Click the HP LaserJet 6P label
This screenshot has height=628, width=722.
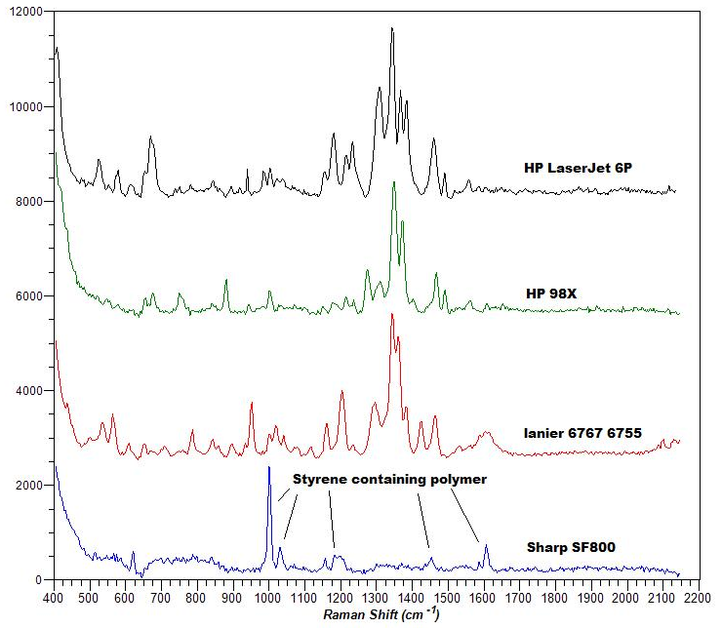click(x=578, y=168)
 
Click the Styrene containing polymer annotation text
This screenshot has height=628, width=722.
click(x=389, y=480)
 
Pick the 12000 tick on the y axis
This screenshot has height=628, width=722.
click(x=26, y=12)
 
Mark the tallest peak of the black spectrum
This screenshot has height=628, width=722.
click(x=392, y=29)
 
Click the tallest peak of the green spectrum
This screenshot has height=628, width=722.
click(x=394, y=182)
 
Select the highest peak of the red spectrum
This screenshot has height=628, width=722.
click(x=391, y=314)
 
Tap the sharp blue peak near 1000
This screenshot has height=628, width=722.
click(x=269, y=468)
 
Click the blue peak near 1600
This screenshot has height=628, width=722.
click(x=486, y=546)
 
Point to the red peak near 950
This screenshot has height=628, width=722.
click(x=252, y=403)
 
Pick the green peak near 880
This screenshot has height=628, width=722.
click(x=225, y=281)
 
